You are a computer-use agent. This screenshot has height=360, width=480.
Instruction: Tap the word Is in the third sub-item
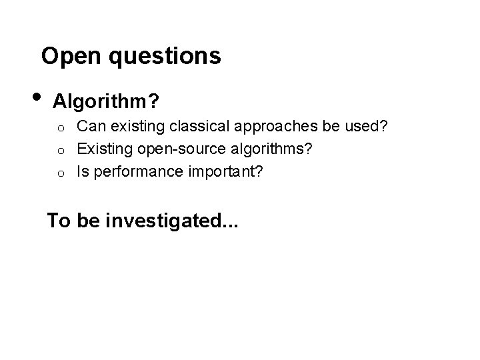(x=83, y=172)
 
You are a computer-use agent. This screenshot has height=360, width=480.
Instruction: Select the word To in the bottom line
(x=59, y=221)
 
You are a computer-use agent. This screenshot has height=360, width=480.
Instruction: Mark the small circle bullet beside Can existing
(x=60, y=127)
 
